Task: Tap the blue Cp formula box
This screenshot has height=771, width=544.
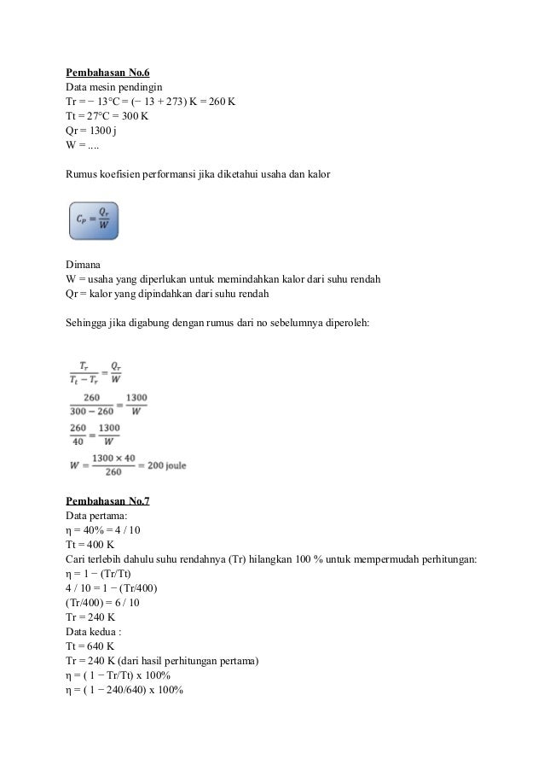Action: click(x=93, y=220)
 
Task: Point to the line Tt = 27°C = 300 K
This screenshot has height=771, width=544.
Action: click(x=107, y=116)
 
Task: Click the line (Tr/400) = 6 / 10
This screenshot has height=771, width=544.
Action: click(x=101, y=604)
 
